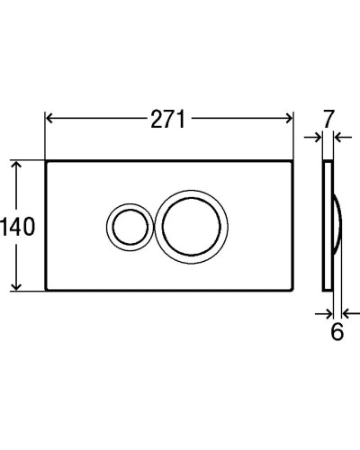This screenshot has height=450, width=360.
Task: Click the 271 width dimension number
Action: tap(168, 118)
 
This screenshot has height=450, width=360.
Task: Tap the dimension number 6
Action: tap(337, 332)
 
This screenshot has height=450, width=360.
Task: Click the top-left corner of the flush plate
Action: tap(45, 162)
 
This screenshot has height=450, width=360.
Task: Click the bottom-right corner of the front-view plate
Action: tap(292, 289)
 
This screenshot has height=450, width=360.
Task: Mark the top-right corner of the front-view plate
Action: tap(292, 162)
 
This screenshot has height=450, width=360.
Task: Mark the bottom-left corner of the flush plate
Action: tap(45, 289)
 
